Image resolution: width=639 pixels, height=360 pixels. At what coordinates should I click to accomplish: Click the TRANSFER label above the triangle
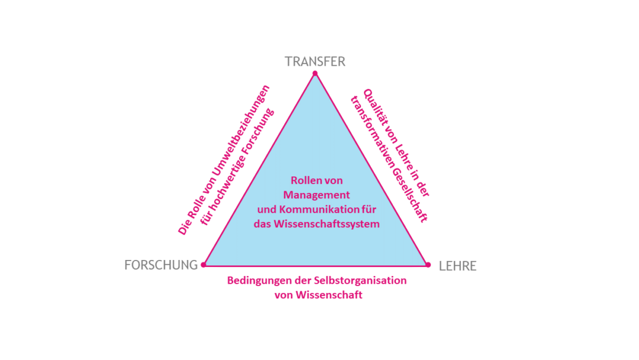pos(315,62)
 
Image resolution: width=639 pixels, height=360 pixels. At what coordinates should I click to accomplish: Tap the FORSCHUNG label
pos(161,265)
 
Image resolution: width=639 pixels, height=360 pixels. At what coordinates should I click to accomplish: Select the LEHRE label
pos(457,266)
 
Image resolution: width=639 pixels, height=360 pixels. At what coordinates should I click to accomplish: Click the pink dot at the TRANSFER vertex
pos(315,73)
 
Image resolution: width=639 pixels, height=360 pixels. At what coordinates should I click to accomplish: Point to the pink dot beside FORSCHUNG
pos(204,265)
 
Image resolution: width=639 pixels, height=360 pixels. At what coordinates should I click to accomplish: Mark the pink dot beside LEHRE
pos(428,265)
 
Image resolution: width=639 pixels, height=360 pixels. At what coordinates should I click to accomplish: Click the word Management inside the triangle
pos(317,195)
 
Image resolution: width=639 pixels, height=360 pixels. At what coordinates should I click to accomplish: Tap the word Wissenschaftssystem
pos(327,224)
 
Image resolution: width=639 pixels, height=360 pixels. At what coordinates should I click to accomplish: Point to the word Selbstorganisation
pos(360,281)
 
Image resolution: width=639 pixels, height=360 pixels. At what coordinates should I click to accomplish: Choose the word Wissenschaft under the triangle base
pos(330,295)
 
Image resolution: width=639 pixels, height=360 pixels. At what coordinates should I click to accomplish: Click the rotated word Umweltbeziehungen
pos(241,130)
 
